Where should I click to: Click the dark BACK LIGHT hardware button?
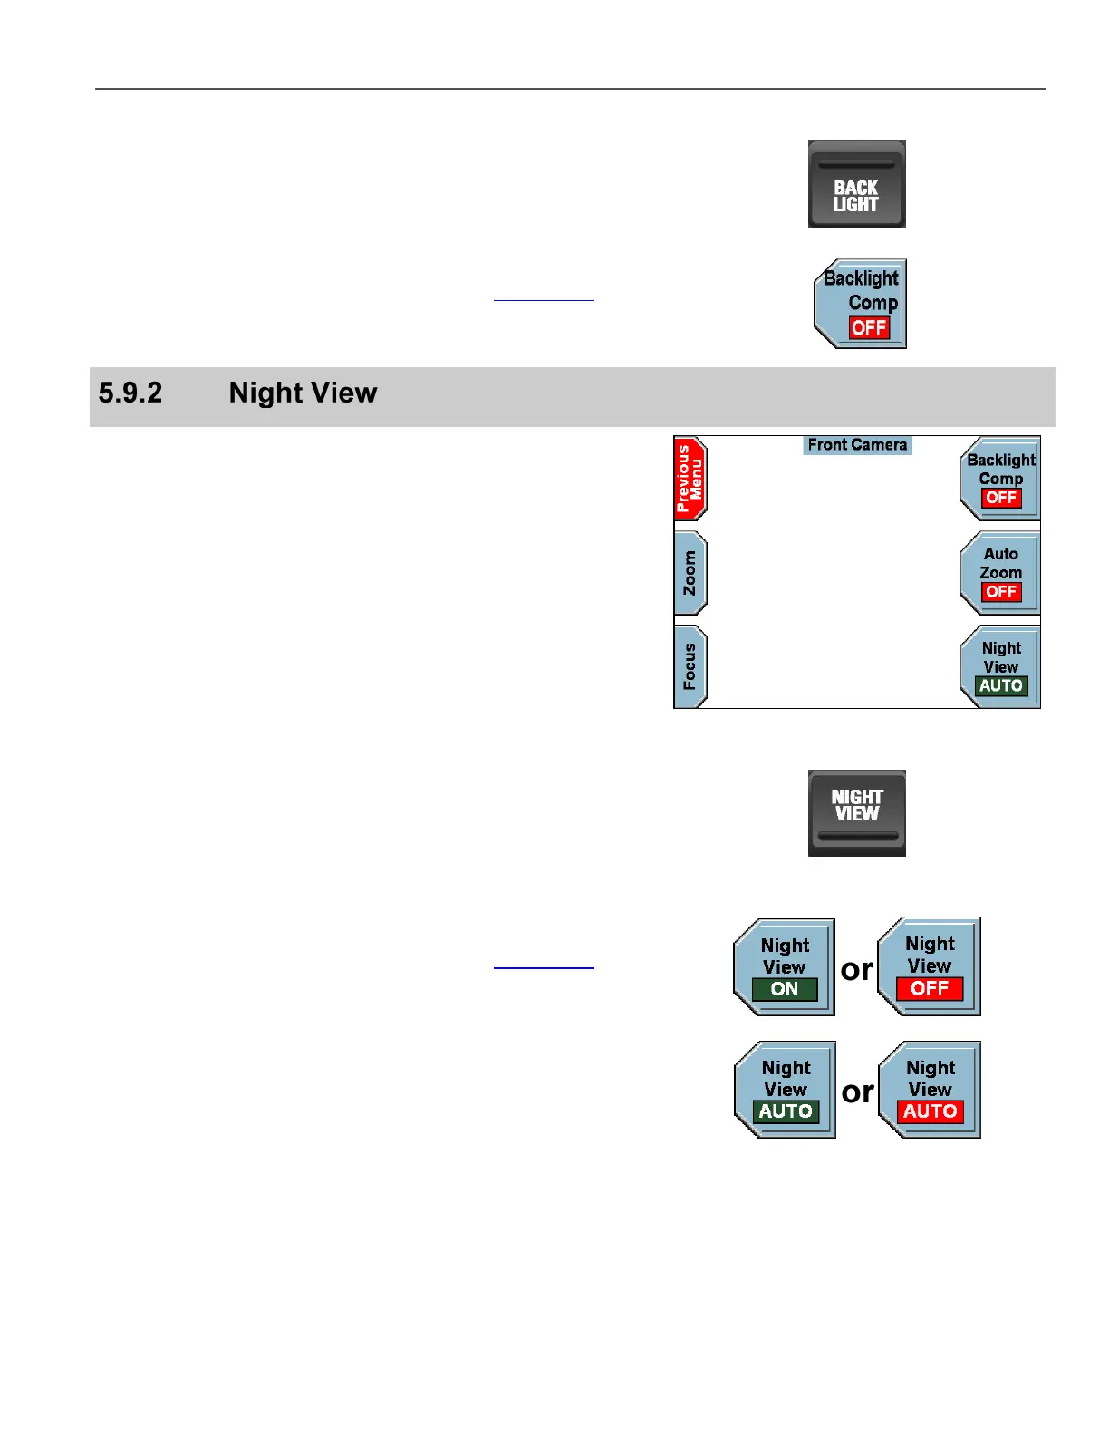pyautogui.click(x=856, y=184)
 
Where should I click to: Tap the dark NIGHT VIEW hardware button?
pyautogui.click(x=856, y=812)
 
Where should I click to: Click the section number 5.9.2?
pyautogui.click(x=130, y=393)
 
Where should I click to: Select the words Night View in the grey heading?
pyautogui.click(x=303, y=393)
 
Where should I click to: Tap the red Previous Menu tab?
pyautogui.click(x=690, y=478)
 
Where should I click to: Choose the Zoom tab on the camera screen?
pyautogui.click(x=690, y=573)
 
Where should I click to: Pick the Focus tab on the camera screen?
pyautogui.click(x=690, y=666)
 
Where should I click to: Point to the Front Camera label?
pyautogui.click(x=857, y=445)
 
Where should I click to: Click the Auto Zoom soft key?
pyautogui.click(x=1000, y=571)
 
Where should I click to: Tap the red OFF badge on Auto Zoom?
pyautogui.click(x=1001, y=592)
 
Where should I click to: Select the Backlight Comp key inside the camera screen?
pyautogui.click(x=1000, y=477)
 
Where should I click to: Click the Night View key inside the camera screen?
pyautogui.click(x=1000, y=666)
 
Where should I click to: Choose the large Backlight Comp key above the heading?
pyautogui.click(x=861, y=303)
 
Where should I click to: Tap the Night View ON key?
pyautogui.click(x=785, y=966)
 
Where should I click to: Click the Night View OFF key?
pyautogui.click(x=930, y=966)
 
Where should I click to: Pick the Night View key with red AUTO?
pyautogui.click(x=931, y=1090)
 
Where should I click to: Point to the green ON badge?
pyautogui.click(x=785, y=989)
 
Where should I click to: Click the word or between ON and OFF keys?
pyautogui.click(x=857, y=970)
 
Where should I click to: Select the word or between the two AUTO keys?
pyautogui.click(x=857, y=1092)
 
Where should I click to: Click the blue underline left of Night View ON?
pyautogui.click(x=544, y=968)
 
